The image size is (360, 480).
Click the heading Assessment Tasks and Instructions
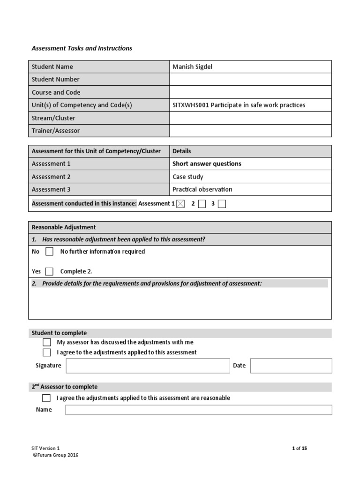[x=82, y=48]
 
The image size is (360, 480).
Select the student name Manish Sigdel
[x=192, y=67]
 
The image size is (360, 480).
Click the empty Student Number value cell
[x=250, y=80]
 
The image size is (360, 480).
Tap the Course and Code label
[x=56, y=92]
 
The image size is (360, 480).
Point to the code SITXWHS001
[x=190, y=105]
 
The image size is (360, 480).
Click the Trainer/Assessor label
[x=56, y=131]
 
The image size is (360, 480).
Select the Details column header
[x=182, y=151]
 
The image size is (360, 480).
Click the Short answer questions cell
[x=207, y=164]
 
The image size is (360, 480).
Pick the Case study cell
[x=188, y=177]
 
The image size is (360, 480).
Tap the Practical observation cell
[x=202, y=189]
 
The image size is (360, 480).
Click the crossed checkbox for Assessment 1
[x=181, y=204]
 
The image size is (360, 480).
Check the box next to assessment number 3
[x=222, y=204]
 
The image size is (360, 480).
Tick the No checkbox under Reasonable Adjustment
[x=49, y=252]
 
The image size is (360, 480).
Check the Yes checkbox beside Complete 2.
[x=49, y=271]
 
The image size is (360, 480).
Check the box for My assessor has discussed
[x=47, y=342]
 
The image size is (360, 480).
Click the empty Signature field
[x=148, y=366]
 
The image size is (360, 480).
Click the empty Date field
[x=291, y=366]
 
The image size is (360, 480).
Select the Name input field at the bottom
[x=198, y=410]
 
